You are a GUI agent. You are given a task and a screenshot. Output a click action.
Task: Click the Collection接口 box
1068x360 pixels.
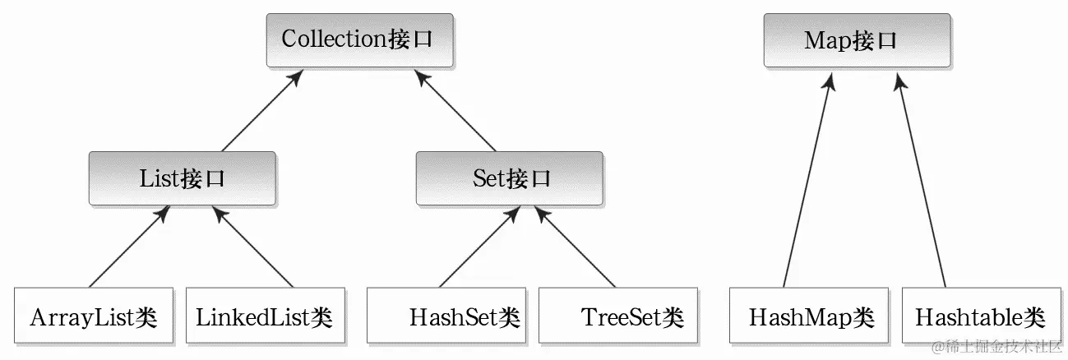(359, 39)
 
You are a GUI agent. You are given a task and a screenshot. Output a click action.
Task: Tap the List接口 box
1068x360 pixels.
(182, 178)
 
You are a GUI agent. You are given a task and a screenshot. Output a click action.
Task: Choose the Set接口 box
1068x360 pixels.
(511, 178)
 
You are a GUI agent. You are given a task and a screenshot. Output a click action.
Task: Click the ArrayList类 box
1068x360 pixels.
(94, 316)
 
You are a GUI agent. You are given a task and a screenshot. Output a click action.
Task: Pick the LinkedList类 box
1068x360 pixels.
(263, 316)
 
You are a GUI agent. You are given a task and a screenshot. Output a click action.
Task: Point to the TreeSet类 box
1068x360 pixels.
(617, 316)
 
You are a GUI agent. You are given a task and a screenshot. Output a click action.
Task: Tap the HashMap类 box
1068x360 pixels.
(809, 316)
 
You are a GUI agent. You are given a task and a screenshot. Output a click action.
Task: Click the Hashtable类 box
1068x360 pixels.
(979, 316)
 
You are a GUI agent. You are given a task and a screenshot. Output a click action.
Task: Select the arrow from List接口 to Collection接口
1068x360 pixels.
(262, 110)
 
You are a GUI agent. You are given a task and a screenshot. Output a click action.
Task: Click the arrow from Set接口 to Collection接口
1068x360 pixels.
(455, 110)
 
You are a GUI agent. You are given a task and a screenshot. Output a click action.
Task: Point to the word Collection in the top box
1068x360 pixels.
(333, 39)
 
